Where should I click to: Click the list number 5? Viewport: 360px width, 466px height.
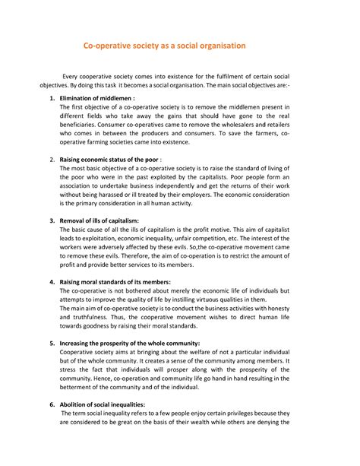51,343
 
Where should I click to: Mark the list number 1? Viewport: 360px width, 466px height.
51,99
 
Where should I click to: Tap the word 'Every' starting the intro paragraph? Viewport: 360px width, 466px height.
72,78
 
